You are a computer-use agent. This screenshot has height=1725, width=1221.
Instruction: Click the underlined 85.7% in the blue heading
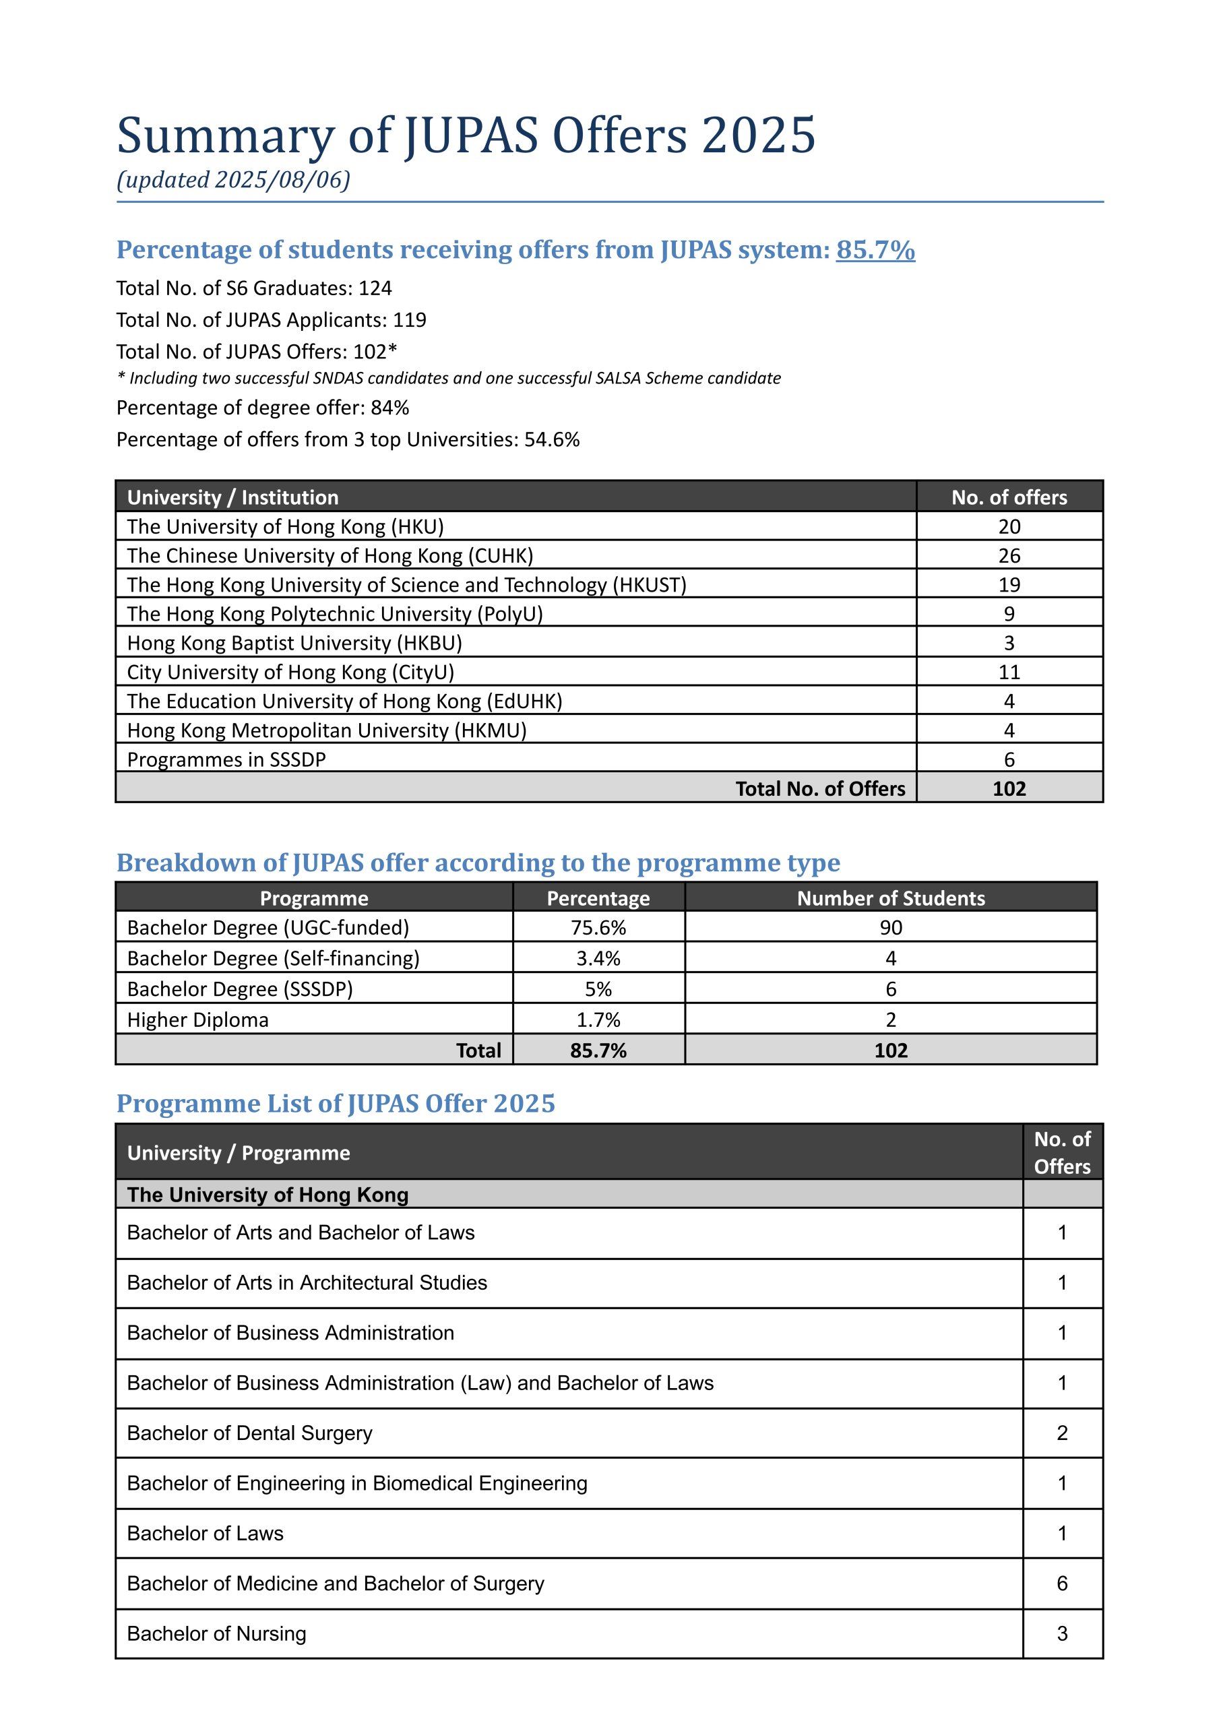pyautogui.click(x=875, y=249)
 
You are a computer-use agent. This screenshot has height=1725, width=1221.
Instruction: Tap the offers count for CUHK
pyautogui.click(x=1009, y=555)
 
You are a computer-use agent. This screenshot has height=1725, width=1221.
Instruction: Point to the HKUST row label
pyautogui.click(x=406, y=585)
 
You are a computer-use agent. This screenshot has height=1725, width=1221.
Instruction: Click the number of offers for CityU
pyautogui.click(x=1009, y=672)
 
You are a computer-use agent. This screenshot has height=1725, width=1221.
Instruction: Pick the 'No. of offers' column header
pyautogui.click(x=1009, y=497)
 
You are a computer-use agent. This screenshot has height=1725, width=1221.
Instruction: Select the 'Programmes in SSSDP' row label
pyautogui.click(x=226, y=759)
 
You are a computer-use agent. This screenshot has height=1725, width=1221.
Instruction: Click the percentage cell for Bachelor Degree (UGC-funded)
pyautogui.click(x=598, y=927)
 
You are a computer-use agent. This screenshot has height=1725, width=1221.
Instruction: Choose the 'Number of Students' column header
pyautogui.click(x=890, y=898)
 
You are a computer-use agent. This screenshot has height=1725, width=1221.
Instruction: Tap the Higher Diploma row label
pyautogui.click(x=197, y=1020)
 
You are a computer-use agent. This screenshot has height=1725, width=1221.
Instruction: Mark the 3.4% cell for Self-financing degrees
pyautogui.click(x=598, y=958)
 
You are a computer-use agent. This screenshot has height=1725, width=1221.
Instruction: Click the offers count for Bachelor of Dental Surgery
pyautogui.click(x=1061, y=1433)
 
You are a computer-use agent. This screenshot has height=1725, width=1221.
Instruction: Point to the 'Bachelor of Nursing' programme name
pyautogui.click(x=216, y=1633)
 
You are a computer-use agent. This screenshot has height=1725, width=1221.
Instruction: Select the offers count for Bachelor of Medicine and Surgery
pyautogui.click(x=1061, y=1583)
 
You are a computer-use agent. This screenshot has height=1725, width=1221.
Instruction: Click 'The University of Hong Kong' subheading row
pyautogui.click(x=268, y=1195)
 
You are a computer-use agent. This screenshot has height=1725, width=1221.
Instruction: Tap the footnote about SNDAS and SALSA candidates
pyautogui.click(x=449, y=378)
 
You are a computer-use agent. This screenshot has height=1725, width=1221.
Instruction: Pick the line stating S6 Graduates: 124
pyautogui.click(x=254, y=288)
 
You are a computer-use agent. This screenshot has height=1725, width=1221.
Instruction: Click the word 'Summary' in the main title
pyautogui.click(x=226, y=136)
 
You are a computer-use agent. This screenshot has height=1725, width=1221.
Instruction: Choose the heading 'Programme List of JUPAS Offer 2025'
pyautogui.click(x=336, y=1104)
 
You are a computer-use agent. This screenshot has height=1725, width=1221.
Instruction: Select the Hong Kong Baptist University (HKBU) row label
pyautogui.click(x=294, y=644)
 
